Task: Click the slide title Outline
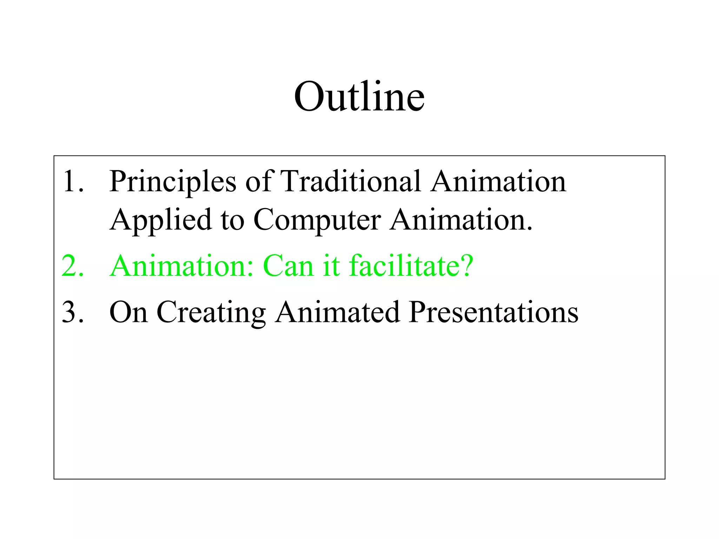coord(359,97)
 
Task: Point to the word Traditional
coord(351,181)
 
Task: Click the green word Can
coord(288,266)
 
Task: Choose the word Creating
coord(211,313)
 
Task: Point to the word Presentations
coord(494,312)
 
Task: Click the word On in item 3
coord(128,312)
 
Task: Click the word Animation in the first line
coord(499,181)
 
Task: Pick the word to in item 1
coord(232,220)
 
